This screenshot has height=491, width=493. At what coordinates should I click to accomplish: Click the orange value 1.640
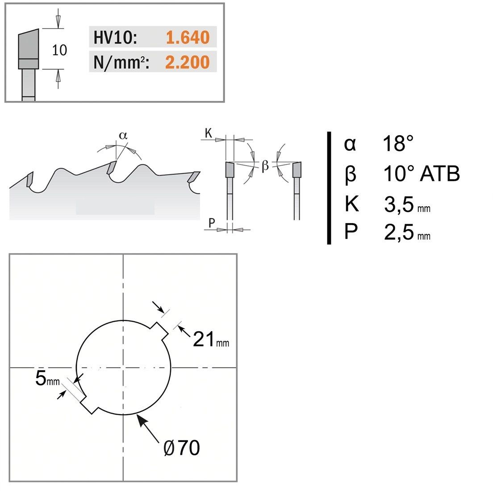pos(188,37)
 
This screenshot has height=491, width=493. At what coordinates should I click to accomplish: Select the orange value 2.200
pos(188,62)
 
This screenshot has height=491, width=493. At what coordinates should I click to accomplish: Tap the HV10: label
pos(115,37)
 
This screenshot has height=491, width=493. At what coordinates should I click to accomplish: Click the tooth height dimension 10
pos(59,50)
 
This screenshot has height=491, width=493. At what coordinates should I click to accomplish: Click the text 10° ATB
pos(422,173)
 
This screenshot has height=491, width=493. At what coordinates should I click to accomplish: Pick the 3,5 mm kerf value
pos(407,204)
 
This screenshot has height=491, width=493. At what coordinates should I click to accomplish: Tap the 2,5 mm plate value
pos(407,232)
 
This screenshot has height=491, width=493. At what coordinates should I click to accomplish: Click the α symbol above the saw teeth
pos(123,136)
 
